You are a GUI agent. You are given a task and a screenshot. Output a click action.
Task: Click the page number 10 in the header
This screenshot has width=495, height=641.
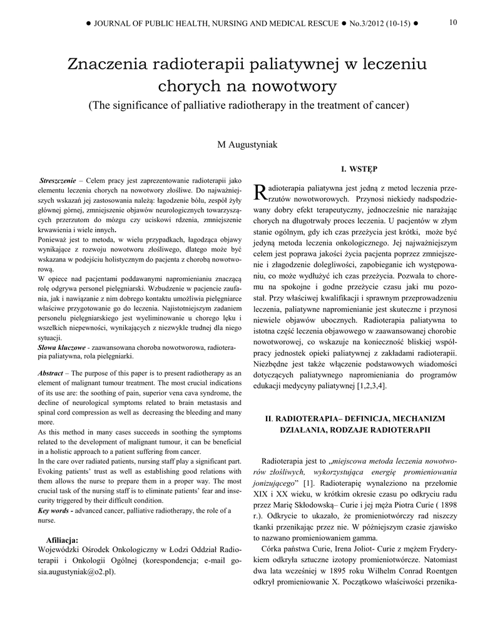point(453,23)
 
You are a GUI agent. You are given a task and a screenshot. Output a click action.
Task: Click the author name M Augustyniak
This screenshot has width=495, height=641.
point(247,145)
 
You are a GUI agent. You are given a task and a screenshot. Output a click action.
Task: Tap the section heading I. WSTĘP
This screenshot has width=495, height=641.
point(359,169)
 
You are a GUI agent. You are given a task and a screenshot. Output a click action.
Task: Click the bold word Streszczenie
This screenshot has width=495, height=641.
point(57,180)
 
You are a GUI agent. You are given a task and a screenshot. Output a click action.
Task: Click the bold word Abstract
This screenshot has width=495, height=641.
point(51,373)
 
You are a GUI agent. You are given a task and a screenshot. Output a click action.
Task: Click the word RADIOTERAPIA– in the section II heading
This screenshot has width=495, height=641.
point(305,418)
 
